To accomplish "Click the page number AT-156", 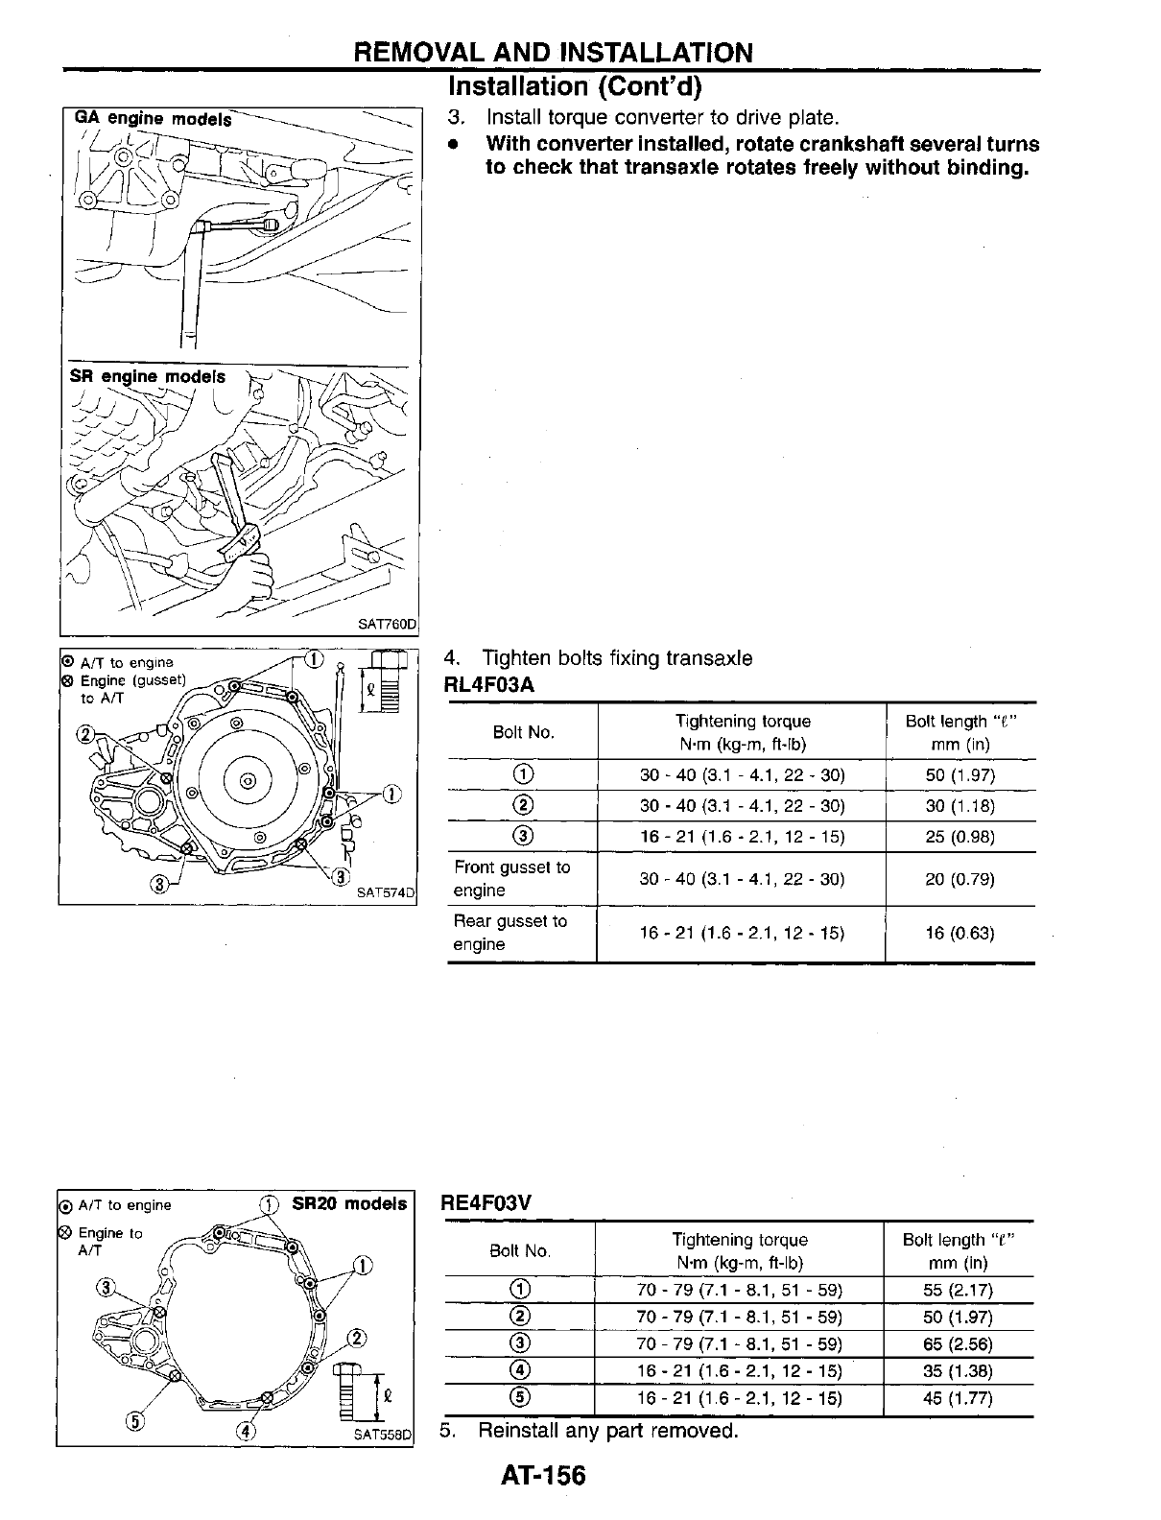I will pos(542,1474).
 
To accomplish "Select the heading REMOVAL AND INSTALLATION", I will pos(554,52).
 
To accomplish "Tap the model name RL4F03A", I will pos(488,684).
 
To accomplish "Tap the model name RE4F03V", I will pos(486,1202).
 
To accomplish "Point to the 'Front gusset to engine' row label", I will pos(511,879).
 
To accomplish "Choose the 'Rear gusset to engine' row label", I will pos(510,933).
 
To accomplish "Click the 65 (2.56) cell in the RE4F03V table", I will pos(958,1344).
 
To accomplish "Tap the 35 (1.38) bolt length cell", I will pos(958,1371).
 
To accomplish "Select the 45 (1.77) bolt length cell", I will pos(958,1398).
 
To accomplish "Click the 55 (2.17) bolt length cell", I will pos(958,1291).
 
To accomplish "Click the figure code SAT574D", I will pos(386,892).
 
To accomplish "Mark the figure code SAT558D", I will pos(382,1437).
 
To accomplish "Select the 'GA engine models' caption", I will pos(154,119).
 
